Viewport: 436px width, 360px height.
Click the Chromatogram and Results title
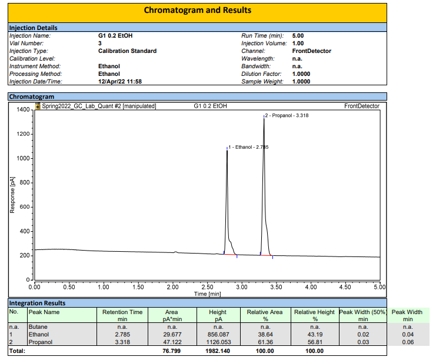point(197,10)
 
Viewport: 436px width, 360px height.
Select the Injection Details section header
point(34,28)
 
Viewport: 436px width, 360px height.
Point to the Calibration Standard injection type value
point(127,51)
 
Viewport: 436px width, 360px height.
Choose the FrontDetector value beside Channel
point(311,51)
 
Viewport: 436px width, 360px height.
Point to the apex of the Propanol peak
point(264,118)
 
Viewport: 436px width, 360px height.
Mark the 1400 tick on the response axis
point(22,109)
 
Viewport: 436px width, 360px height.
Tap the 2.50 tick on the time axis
point(207,287)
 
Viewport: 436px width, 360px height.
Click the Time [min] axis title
point(207,294)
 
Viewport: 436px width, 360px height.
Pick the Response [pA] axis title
point(12,194)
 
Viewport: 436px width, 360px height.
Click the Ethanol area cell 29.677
point(172,333)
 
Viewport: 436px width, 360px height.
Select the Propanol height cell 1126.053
point(218,341)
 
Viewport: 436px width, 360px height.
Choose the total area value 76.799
point(172,351)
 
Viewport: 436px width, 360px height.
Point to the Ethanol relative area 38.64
point(265,333)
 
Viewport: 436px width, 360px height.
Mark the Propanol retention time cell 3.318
point(122,341)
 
